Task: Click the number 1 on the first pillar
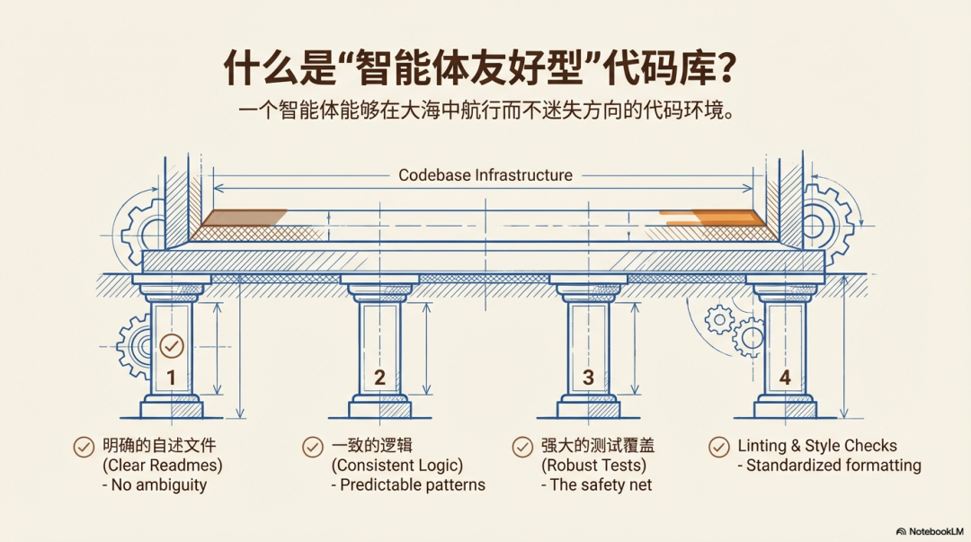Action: (172, 378)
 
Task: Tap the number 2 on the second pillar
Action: (379, 378)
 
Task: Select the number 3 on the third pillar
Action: (588, 378)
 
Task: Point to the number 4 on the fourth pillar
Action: (785, 378)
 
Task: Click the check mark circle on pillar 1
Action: (172, 346)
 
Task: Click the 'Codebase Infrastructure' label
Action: (485, 175)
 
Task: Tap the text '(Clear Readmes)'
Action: (162, 466)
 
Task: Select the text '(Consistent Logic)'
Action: (397, 466)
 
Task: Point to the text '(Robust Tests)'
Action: (593, 466)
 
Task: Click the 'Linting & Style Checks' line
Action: (816, 445)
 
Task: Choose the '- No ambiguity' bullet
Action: (155, 485)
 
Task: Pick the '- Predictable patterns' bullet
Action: (408, 484)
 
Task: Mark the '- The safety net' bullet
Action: (596, 484)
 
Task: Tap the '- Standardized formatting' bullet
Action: (829, 466)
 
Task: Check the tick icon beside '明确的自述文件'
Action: (84, 447)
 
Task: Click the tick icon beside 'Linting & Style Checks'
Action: (718, 447)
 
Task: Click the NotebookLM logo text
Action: (931, 531)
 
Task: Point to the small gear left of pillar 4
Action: (719, 320)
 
